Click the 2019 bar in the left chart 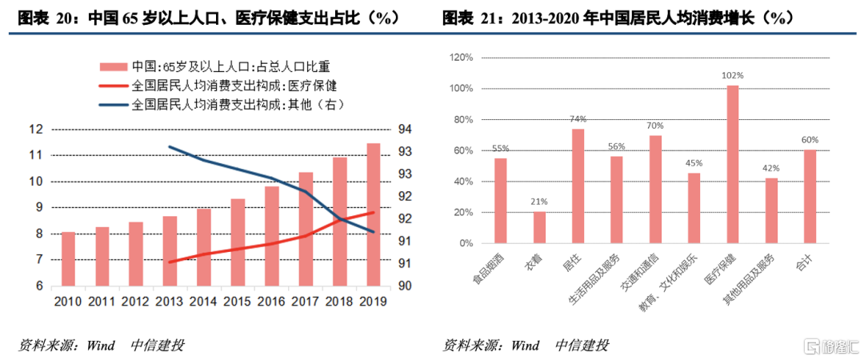coord(373,214)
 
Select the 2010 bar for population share coord(69,258)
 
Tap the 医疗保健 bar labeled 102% coord(732,163)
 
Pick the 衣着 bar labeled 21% coord(539,226)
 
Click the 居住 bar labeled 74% coord(578,185)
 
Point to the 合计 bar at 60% coord(810,195)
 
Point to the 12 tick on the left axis coord(36,129)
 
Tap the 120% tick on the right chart coord(462,58)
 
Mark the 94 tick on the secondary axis coord(404,129)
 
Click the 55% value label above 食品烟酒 coord(500,148)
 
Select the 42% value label coord(770,168)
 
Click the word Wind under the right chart coord(525,346)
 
